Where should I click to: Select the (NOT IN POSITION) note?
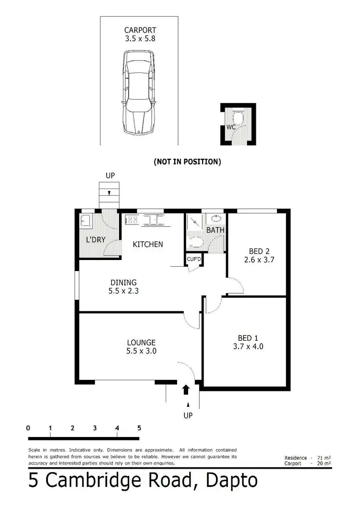click(x=187, y=162)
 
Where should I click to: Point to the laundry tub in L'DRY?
click(x=86, y=221)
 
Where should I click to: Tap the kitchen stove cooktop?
click(x=132, y=220)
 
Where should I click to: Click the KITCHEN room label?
click(x=148, y=244)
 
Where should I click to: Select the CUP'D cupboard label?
click(x=194, y=260)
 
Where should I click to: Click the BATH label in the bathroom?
click(x=215, y=230)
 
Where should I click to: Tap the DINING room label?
click(x=123, y=283)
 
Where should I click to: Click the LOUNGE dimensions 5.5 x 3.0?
click(x=141, y=351)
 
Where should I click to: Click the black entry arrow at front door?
click(x=186, y=389)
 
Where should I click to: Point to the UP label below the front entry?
click(x=188, y=415)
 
